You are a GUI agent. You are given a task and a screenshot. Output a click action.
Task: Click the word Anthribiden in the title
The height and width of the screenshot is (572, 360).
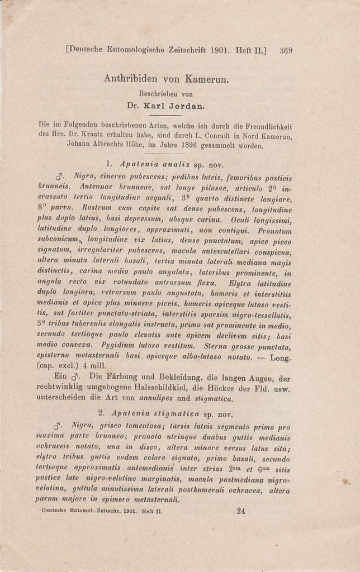pyautogui.click(x=132, y=79)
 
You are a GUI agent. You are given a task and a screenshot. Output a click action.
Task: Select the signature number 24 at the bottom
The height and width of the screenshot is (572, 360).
pyautogui.click(x=241, y=510)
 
